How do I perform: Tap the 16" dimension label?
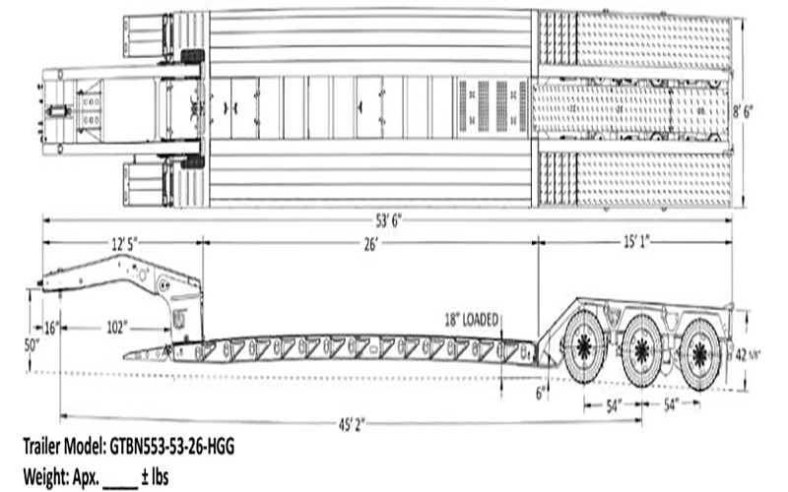(x=51, y=329)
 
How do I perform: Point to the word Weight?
(x=44, y=472)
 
